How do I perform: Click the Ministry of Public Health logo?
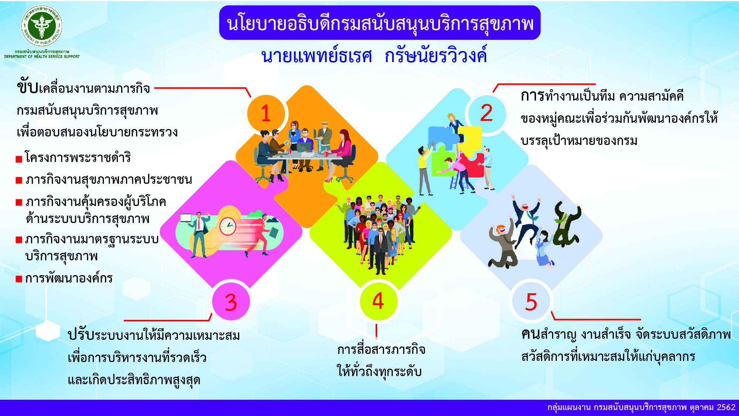[x=42, y=26]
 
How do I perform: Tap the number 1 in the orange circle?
[x=266, y=113]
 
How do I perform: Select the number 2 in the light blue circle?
[x=486, y=113]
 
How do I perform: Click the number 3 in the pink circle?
[x=231, y=302]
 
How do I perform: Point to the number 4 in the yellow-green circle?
[x=378, y=301]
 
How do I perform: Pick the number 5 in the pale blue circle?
[x=531, y=302]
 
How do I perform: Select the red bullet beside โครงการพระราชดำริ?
[x=19, y=159]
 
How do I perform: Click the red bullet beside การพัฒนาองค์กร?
[x=19, y=279]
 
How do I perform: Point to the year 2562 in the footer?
[x=726, y=407]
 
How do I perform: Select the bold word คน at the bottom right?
[x=531, y=334]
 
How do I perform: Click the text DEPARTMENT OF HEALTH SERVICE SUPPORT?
[x=42, y=57]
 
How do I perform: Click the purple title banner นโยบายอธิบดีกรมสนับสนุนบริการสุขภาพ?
[x=380, y=23]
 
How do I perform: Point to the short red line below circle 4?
[x=376, y=331]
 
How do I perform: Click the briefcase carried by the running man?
[x=274, y=233]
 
